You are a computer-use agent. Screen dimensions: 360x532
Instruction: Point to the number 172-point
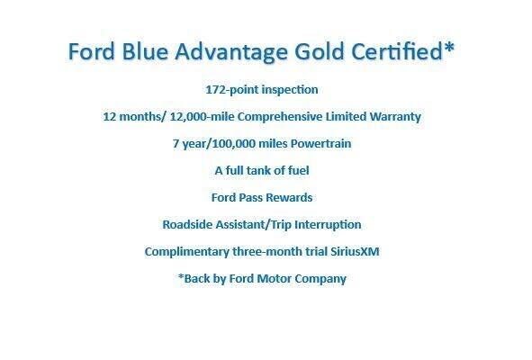pyautogui.click(x=232, y=90)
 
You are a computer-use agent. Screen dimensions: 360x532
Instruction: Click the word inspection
pyautogui.click(x=289, y=90)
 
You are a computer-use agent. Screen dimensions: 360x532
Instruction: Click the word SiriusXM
pyautogui.click(x=352, y=252)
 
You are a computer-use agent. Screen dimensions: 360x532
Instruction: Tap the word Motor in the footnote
pyautogui.click(x=274, y=279)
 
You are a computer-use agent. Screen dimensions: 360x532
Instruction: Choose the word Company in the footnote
pyautogui.click(x=321, y=279)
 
